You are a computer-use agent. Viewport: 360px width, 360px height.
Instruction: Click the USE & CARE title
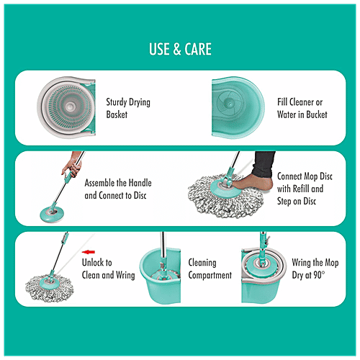click(x=180, y=50)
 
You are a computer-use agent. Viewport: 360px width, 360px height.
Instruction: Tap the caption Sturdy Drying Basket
click(x=128, y=108)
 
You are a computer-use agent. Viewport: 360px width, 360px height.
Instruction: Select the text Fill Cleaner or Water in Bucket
click(x=302, y=108)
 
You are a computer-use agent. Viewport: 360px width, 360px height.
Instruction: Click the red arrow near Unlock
click(x=89, y=251)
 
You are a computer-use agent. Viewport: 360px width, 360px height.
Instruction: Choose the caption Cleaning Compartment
click(x=210, y=269)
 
